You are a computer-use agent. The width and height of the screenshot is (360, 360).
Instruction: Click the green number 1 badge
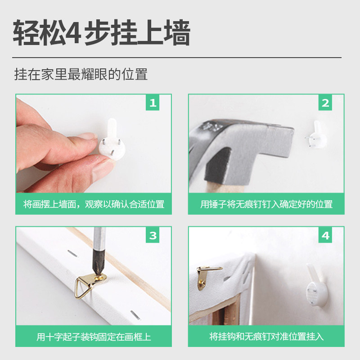[153, 103]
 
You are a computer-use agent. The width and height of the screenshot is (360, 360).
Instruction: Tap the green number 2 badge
[325, 103]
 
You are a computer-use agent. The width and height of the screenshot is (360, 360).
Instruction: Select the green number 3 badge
[153, 235]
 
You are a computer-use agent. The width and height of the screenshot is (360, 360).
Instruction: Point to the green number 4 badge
[325, 235]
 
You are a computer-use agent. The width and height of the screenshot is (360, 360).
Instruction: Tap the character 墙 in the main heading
[177, 33]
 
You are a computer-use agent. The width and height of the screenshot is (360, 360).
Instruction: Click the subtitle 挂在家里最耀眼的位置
[81, 74]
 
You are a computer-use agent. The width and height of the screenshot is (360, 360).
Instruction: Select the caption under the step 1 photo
[94, 204]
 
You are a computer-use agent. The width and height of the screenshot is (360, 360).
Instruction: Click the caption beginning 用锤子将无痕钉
[266, 204]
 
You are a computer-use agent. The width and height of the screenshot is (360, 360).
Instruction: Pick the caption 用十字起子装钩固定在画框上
[94, 337]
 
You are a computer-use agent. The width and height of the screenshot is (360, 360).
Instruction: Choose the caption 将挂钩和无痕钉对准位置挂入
[266, 337]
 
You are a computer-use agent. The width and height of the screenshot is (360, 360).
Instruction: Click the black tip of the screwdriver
[98, 264]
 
